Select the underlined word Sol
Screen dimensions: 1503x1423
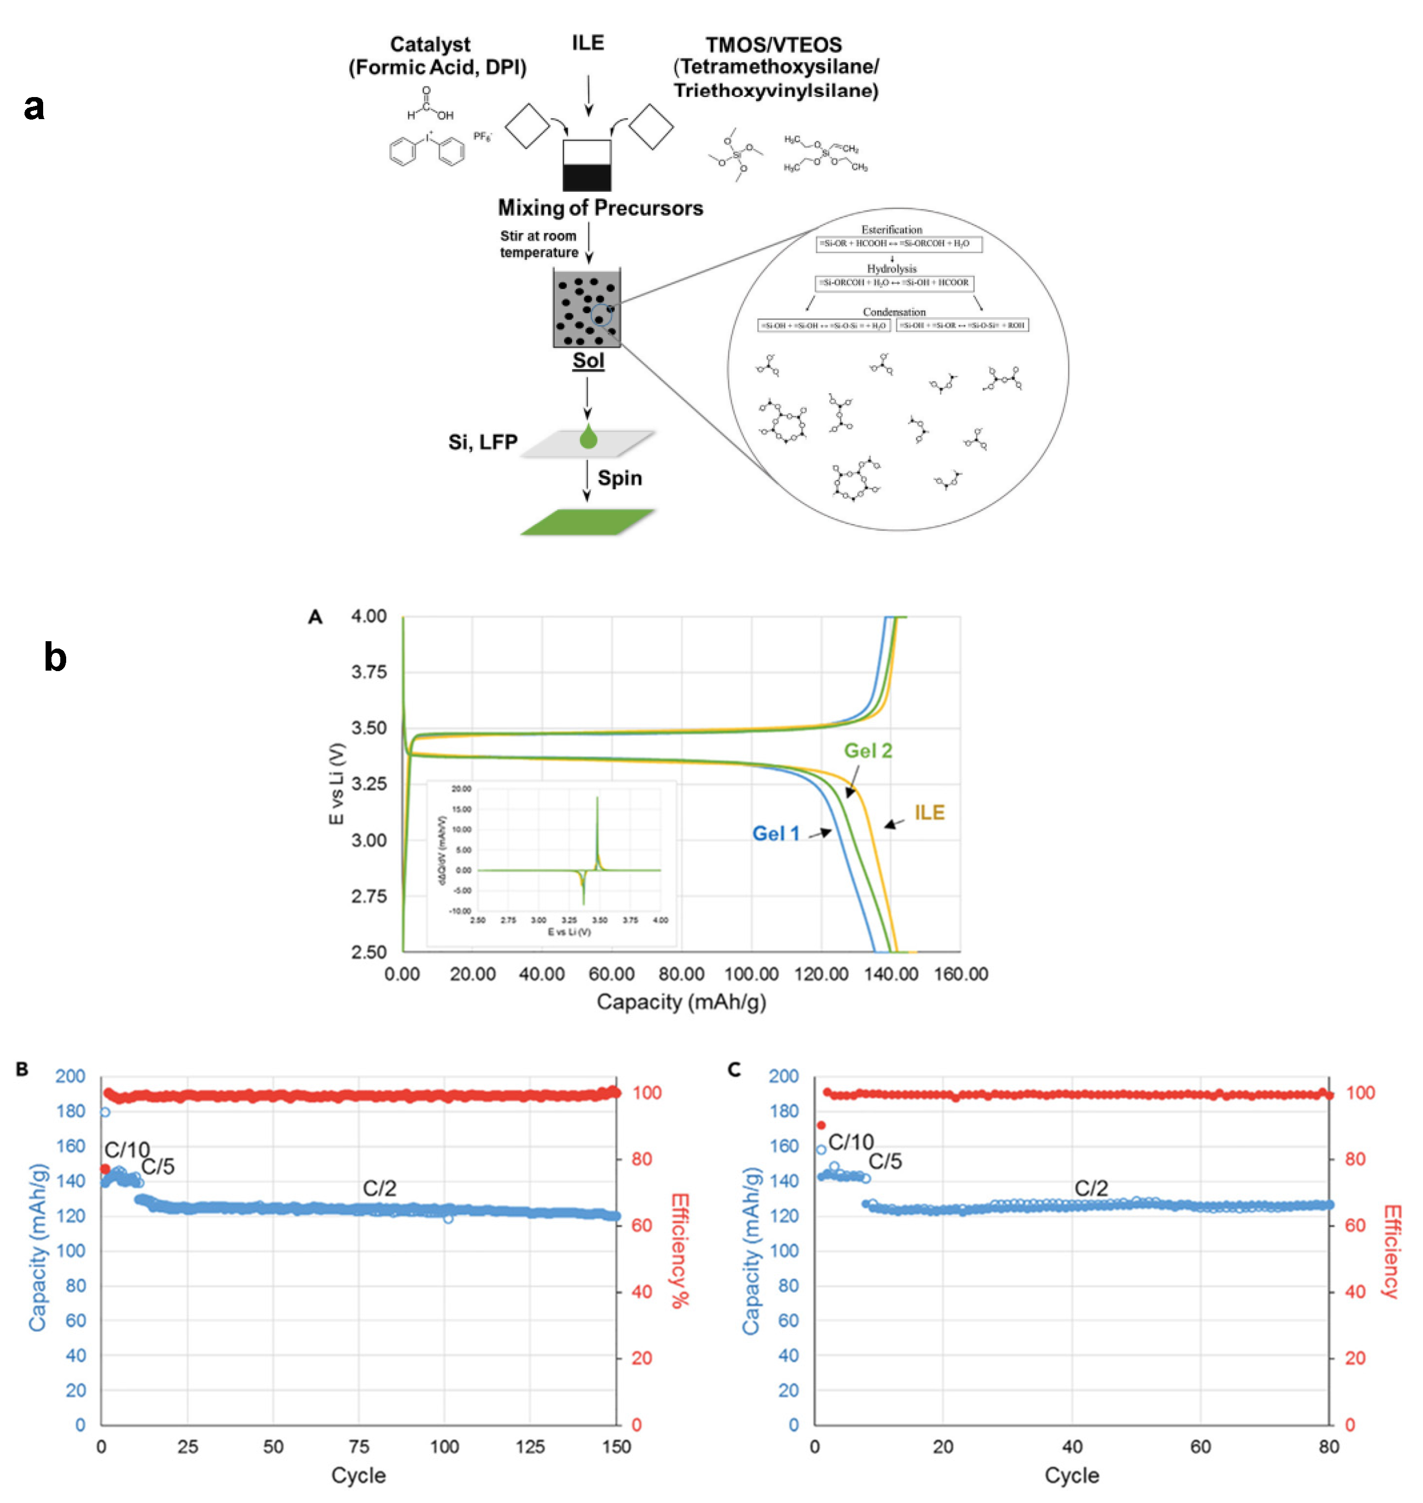[588, 360]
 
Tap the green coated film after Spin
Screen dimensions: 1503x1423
[586, 522]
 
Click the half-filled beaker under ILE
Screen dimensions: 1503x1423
[586, 165]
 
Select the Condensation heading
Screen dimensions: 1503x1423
[894, 312]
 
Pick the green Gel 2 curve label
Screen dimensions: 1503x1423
[868, 751]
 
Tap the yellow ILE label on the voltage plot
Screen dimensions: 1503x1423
[929, 813]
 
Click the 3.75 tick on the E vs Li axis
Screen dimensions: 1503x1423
[369, 672]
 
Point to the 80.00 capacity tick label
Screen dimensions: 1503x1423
[681, 974]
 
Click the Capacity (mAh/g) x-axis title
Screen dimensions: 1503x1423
[681, 1002]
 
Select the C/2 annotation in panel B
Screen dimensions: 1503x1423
[379, 1188]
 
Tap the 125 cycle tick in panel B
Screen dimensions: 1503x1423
[529, 1447]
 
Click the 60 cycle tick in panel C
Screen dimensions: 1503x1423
[1200, 1447]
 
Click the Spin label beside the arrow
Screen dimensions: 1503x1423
[620, 478]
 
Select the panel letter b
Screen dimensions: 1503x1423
[55, 656]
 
